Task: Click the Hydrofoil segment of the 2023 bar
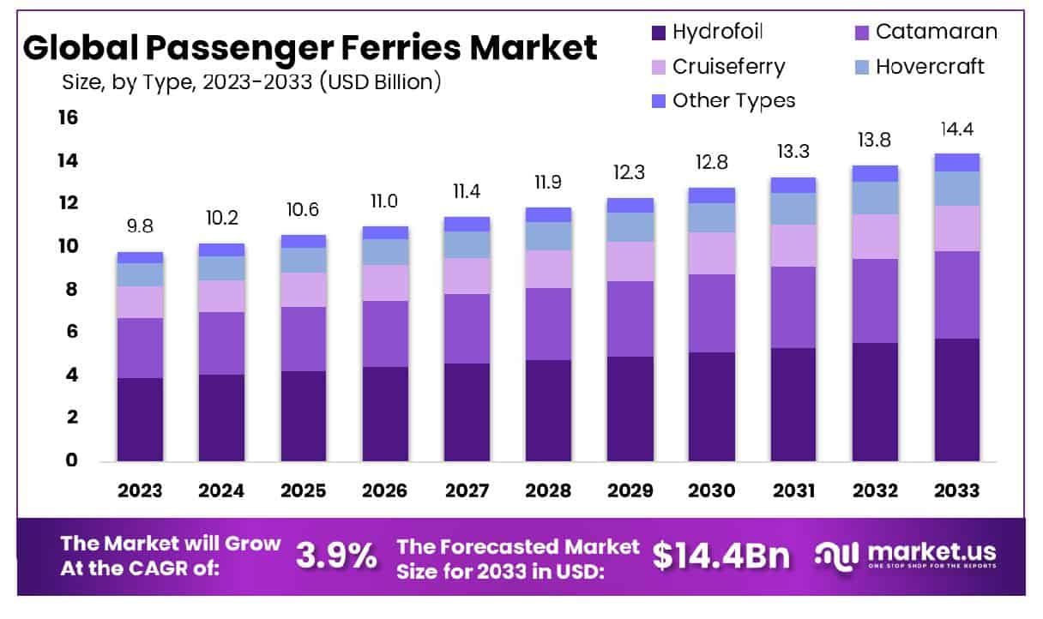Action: (140, 418)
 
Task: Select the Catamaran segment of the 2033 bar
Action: (956, 294)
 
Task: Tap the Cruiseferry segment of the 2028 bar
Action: (548, 268)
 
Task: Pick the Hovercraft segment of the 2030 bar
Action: (711, 217)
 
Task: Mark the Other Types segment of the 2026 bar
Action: (385, 232)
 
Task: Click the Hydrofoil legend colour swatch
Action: (658, 33)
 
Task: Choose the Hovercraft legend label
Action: (930, 67)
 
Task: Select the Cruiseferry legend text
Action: (728, 67)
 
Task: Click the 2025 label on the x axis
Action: (303, 491)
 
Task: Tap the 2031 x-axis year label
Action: (793, 491)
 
